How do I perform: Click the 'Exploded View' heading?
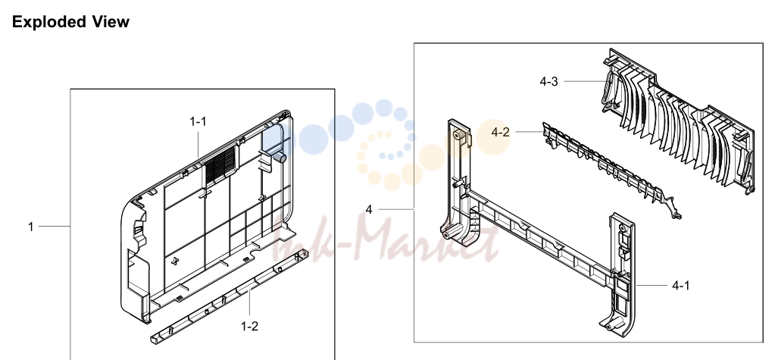point(70,22)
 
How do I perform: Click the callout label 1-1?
point(198,122)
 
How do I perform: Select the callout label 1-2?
point(249,327)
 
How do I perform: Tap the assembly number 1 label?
point(30,227)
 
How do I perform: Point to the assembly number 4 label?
point(369,210)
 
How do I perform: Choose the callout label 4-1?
point(680,285)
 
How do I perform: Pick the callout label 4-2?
point(500,132)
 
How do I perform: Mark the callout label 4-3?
point(548,82)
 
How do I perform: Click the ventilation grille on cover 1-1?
point(220,164)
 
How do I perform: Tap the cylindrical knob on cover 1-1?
point(280,157)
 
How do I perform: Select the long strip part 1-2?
point(229,296)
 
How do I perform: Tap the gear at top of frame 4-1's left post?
point(459,136)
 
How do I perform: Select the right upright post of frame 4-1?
point(622,272)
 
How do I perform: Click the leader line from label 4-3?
point(585,82)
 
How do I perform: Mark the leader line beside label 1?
point(55,227)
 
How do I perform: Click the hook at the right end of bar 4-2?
point(674,209)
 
